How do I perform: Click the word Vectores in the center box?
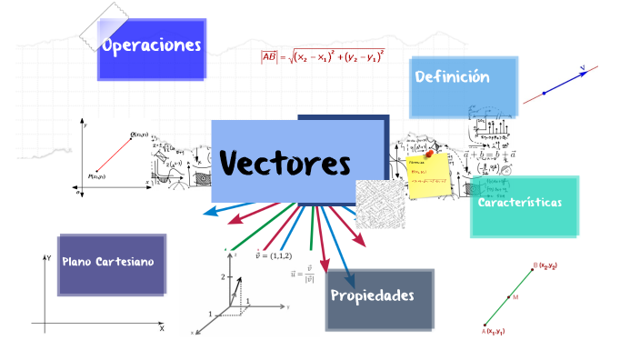285,164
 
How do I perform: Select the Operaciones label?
152,46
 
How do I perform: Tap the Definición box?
453,78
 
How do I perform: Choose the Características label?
520,203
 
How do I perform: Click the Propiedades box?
373,295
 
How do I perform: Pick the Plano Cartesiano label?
108,262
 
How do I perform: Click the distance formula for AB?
323,57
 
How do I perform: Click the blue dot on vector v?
544,93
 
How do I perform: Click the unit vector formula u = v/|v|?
302,273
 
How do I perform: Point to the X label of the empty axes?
162,329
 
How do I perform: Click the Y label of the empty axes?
47,259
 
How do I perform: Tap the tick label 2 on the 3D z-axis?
221,275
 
